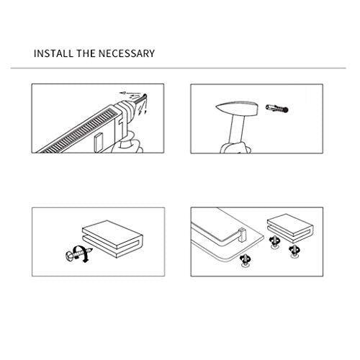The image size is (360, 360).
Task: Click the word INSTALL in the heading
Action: pyautogui.click(x=53, y=53)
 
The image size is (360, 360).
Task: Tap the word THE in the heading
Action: pyautogui.click(x=86, y=53)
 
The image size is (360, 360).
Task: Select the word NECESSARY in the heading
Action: pyautogui.click(x=127, y=53)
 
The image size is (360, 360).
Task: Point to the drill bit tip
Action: pyautogui.click(x=145, y=96)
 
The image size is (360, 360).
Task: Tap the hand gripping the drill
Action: pyautogui.click(x=127, y=143)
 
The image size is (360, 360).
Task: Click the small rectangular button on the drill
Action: pyautogui.click(x=99, y=143)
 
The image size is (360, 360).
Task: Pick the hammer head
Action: pyautogui.click(x=237, y=109)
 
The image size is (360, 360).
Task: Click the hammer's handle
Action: pyautogui.click(x=237, y=130)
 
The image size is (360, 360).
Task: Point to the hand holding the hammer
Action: pyautogui.click(x=235, y=148)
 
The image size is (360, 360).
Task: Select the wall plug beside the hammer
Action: pyautogui.click(x=277, y=108)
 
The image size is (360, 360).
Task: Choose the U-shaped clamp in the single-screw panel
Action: pyautogui.click(x=112, y=239)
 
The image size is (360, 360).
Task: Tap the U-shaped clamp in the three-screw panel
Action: pyautogui.click(x=290, y=228)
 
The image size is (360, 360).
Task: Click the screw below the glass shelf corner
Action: pyautogui.click(x=246, y=261)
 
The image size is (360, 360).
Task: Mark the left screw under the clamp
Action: pyautogui.click(x=274, y=242)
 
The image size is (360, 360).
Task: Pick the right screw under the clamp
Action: pyautogui.click(x=294, y=251)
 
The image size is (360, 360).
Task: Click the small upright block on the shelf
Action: pyautogui.click(x=242, y=235)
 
